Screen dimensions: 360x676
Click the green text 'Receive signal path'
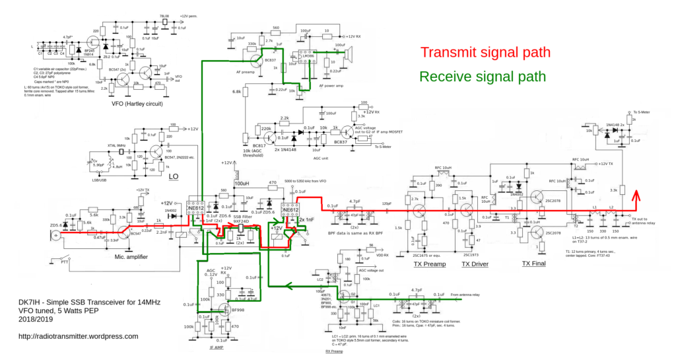point(483,77)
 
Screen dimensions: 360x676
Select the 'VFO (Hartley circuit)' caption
point(137,104)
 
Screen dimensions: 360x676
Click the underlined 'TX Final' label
point(534,263)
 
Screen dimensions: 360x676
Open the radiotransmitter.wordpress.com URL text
point(79,336)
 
